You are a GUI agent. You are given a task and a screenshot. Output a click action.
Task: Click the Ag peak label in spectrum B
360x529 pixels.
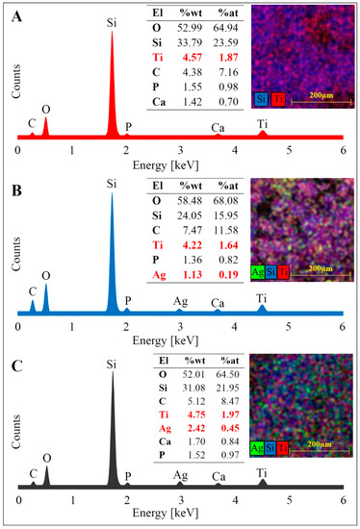tap(180, 300)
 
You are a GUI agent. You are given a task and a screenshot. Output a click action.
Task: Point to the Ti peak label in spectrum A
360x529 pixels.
tap(263, 123)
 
